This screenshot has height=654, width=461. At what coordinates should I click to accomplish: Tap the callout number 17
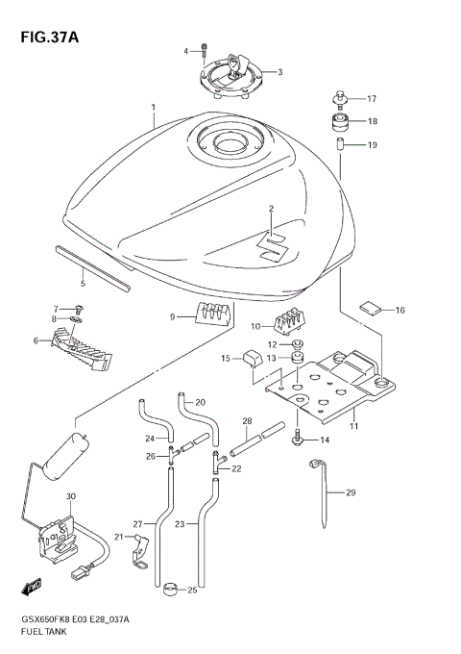click(x=372, y=98)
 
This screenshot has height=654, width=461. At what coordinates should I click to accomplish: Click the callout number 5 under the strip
click(x=83, y=284)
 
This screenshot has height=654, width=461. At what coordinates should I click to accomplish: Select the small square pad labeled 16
click(x=370, y=309)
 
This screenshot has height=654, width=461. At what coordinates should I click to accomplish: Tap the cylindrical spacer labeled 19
click(x=340, y=145)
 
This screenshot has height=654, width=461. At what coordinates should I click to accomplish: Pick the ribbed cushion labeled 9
click(x=213, y=314)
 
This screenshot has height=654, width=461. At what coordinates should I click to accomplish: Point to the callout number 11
click(x=354, y=424)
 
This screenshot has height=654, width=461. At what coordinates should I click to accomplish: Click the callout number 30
click(x=70, y=496)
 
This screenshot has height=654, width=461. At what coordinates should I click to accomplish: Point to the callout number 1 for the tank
click(x=152, y=107)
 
